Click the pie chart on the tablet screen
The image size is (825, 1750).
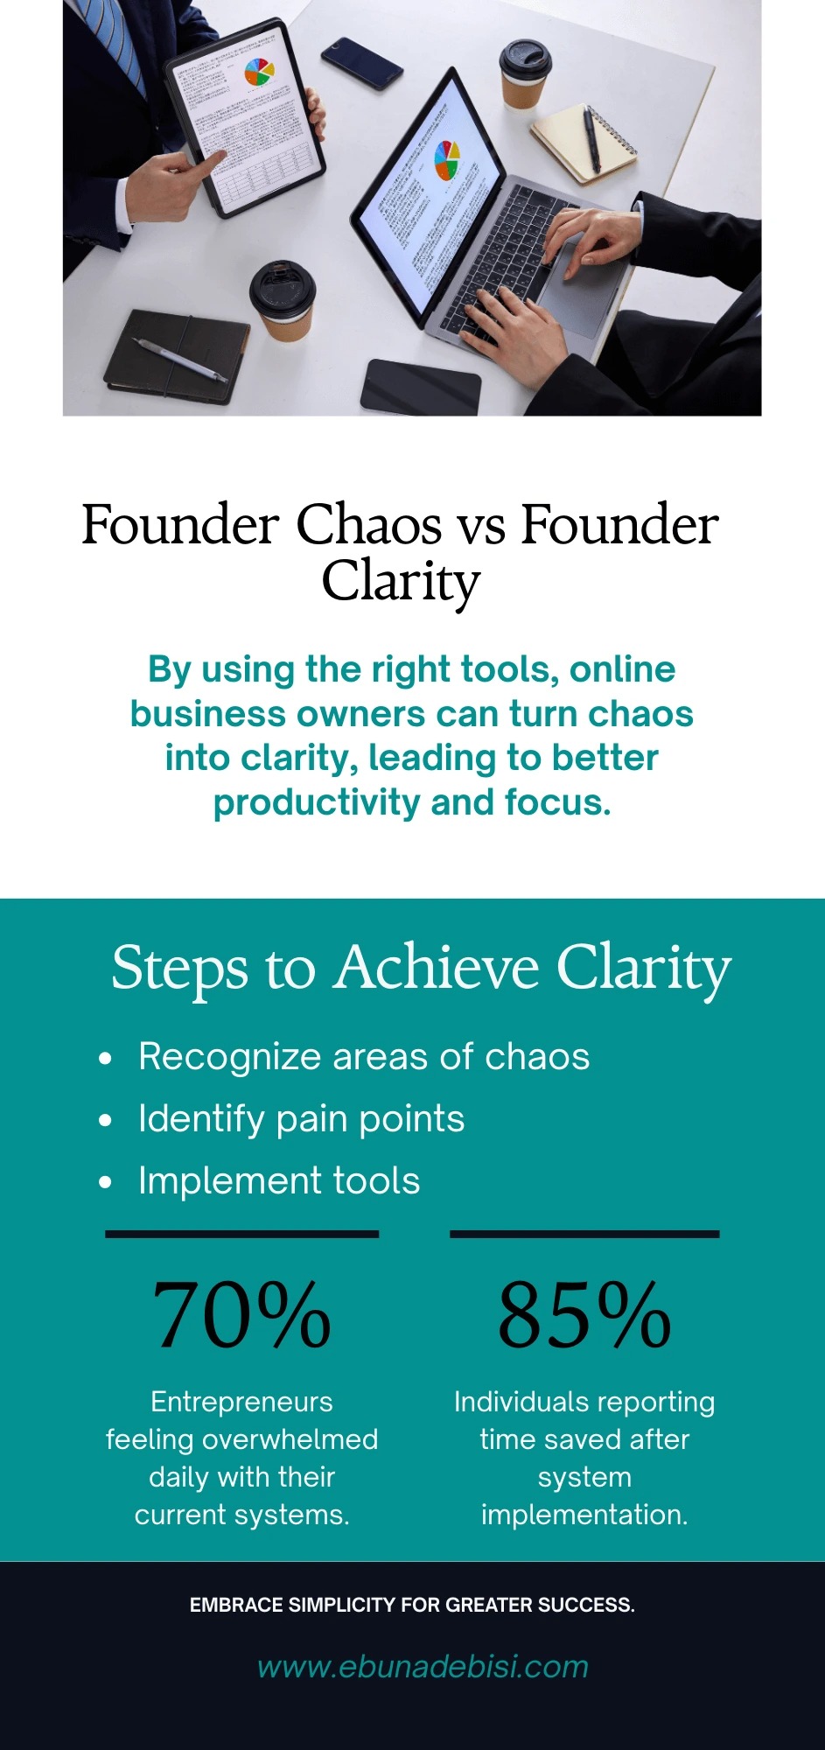[259, 72]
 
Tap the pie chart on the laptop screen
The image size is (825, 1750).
[447, 160]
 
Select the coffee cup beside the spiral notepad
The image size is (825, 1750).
[525, 73]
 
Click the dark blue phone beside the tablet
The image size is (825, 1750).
[361, 63]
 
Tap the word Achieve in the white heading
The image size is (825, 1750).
[436, 968]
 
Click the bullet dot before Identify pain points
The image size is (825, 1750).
[106, 1121]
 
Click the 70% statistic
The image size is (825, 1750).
[241, 1315]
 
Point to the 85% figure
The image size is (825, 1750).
[584, 1315]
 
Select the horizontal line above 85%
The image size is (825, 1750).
[584, 1234]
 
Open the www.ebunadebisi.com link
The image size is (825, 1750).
[423, 1667]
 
